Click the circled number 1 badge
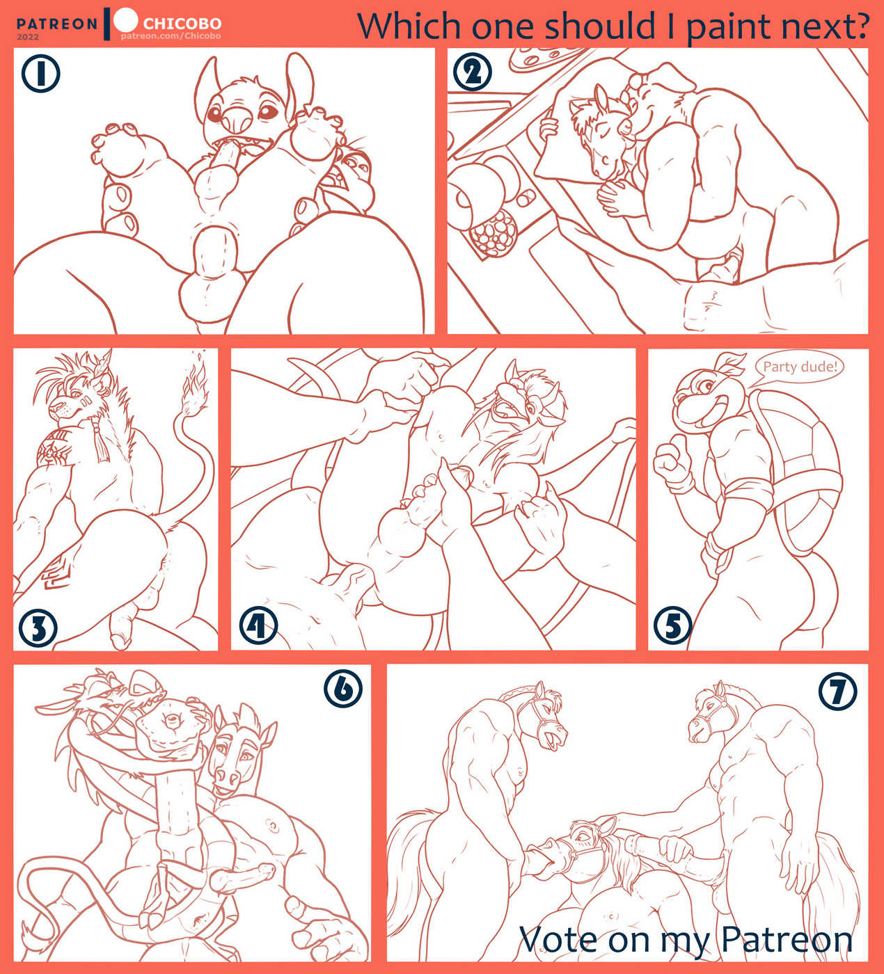pos(40,74)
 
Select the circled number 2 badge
pos(472,72)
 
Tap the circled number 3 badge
pos(38,628)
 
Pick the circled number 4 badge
pos(258,625)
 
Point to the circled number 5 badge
pos(672,625)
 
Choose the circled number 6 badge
pos(343,689)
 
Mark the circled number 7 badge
pos(838,692)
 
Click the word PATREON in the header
pos(57,24)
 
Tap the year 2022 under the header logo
pos(28,37)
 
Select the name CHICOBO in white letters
pos(182,23)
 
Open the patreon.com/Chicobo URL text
pos(171,36)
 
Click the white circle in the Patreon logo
pos(126,20)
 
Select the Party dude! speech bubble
pos(800,367)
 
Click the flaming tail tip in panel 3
pos(196,385)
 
